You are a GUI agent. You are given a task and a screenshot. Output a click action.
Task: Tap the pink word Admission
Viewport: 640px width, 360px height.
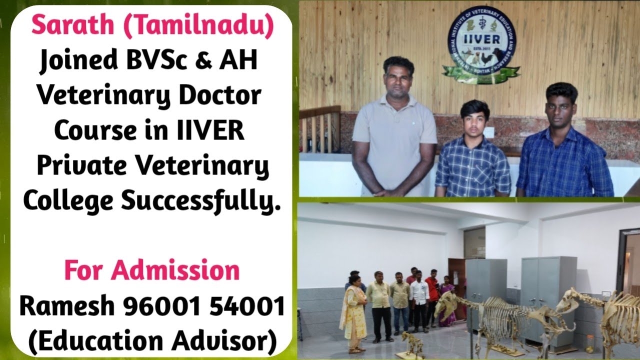pos(175,270)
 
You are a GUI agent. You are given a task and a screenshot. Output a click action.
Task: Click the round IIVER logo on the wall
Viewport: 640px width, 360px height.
pos(480,44)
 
